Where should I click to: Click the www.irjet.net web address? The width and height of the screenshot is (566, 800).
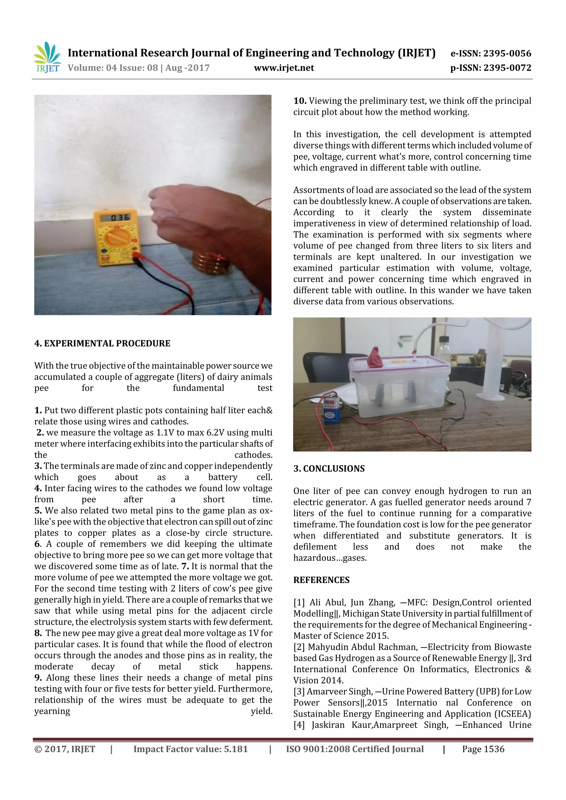click(284, 68)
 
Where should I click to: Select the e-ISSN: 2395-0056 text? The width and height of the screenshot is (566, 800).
click(491, 53)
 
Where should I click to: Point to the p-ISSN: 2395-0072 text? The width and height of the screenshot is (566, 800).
click(491, 68)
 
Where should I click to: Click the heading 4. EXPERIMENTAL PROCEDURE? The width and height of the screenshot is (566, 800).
click(102, 343)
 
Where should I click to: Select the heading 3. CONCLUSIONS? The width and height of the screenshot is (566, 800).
click(329, 468)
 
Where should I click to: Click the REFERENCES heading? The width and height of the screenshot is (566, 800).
click(321, 580)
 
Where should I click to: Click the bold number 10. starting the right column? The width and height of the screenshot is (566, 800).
click(300, 101)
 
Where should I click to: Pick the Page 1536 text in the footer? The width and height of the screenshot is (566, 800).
click(483, 749)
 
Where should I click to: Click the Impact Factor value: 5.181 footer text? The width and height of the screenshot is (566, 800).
click(190, 749)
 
